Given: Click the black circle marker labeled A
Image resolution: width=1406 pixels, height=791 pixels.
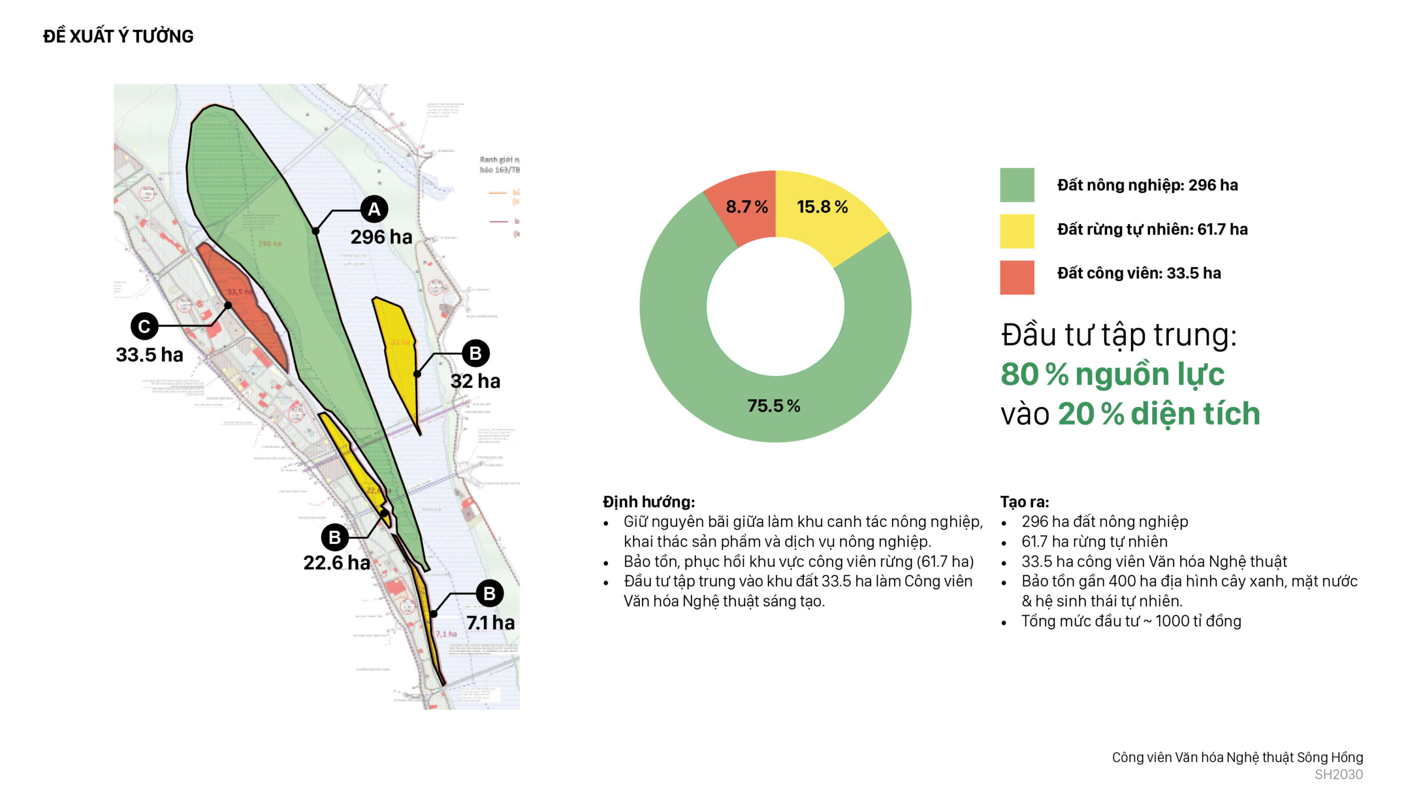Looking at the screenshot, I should [374, 209].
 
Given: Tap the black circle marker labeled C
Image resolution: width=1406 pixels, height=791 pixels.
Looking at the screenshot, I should [144, 326].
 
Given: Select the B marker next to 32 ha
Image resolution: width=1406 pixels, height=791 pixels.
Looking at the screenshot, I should [476, 353].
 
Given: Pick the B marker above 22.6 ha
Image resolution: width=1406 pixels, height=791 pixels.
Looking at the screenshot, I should [334, 537].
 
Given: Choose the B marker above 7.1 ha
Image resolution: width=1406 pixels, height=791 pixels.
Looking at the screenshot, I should [489, 593].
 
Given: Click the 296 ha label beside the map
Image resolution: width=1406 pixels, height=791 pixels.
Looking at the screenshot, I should [381, 237].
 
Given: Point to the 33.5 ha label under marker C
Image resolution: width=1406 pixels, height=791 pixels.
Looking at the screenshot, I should [149, 355].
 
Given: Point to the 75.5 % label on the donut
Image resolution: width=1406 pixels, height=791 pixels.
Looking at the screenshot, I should [774, 406].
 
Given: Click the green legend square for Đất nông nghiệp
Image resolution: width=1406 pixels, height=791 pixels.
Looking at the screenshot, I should [1017, 185].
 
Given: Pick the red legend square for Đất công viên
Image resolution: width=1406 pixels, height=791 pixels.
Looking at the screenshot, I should [1017, 277].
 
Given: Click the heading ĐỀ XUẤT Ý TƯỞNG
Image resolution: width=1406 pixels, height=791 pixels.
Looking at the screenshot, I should [118, 36].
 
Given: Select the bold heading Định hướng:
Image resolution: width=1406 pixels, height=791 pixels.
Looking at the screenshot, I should [649, 502].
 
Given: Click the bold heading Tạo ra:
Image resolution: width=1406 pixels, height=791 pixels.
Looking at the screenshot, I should [1024, 502].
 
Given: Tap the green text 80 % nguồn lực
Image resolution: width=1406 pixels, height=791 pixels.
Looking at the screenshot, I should [1112, 375].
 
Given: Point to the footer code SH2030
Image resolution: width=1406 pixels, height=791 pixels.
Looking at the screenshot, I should [1338, 775].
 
